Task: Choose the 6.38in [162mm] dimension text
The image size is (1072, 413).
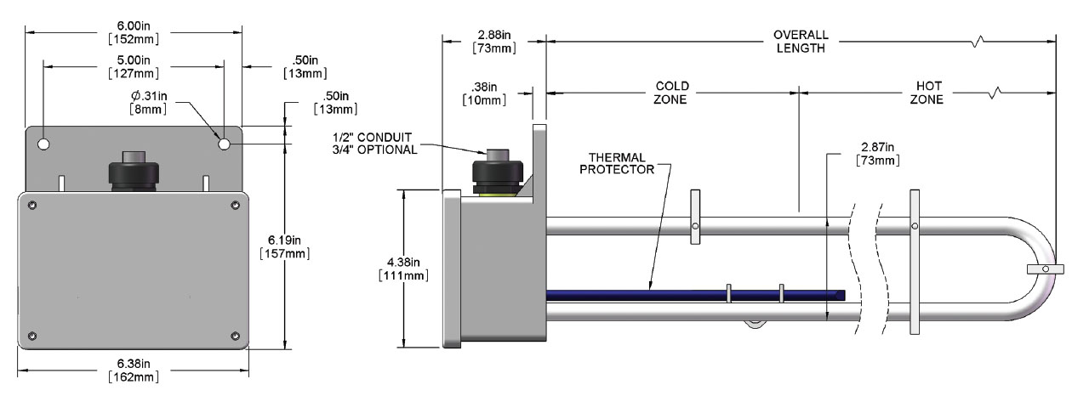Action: [134, 371]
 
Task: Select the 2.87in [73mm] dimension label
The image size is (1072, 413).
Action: [877, 154]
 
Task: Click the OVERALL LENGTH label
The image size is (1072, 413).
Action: [800, 42]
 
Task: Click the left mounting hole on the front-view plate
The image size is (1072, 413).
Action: [44, 144]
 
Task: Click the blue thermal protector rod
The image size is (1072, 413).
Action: [681, 295]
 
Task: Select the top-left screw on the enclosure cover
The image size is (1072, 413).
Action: [32, 205]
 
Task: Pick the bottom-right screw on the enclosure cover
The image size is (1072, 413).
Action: [235, 336]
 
